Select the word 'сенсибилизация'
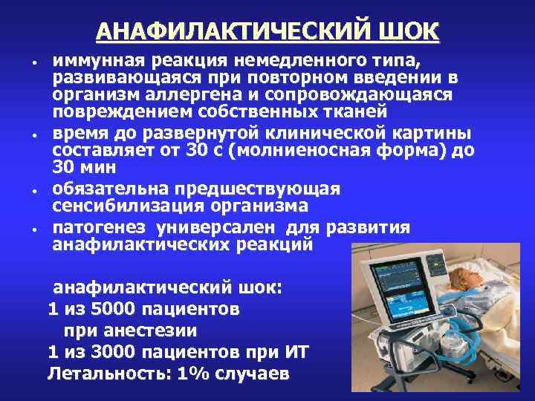[111, 205]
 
